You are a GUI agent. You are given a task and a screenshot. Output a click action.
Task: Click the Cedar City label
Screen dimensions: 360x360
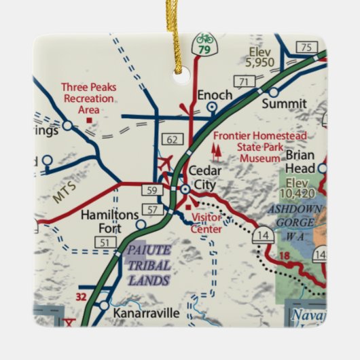point(206,178)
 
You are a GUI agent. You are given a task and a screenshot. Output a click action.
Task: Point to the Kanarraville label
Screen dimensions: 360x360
point(147,313)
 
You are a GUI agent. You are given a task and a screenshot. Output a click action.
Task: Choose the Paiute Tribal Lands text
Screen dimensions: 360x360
point(148,265)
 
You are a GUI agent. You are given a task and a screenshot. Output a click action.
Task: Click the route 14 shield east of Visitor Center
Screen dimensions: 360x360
point(262,235)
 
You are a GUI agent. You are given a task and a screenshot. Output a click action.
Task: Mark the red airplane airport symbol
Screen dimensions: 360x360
point(164,163)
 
